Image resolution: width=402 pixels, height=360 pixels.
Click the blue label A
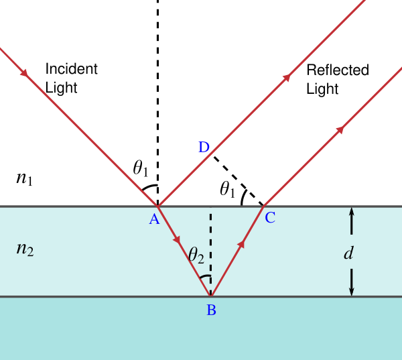coord(154,219)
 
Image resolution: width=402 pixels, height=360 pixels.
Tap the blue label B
coord(211,310)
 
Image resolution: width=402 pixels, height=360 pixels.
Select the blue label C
coord(269,218)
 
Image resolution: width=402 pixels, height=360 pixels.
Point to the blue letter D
coord(204,148)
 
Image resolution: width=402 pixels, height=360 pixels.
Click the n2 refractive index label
coord(25,249)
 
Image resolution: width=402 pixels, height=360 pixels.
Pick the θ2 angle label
coord(196,255)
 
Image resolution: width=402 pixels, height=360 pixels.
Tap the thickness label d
coord(348,253)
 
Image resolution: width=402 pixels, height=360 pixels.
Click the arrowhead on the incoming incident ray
coord(24,72)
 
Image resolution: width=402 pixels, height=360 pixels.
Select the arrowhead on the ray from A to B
coord(177,239)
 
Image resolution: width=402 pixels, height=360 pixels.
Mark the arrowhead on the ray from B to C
coord(241,244)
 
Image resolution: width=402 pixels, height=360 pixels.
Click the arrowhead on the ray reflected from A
coord(287,78)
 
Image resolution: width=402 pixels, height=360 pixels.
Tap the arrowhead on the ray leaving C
coord(340,129)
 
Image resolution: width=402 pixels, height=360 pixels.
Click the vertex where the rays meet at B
coord(210,296)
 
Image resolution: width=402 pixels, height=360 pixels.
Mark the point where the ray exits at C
coord(264,206)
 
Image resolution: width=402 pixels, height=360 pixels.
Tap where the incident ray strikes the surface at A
coord(157,206)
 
